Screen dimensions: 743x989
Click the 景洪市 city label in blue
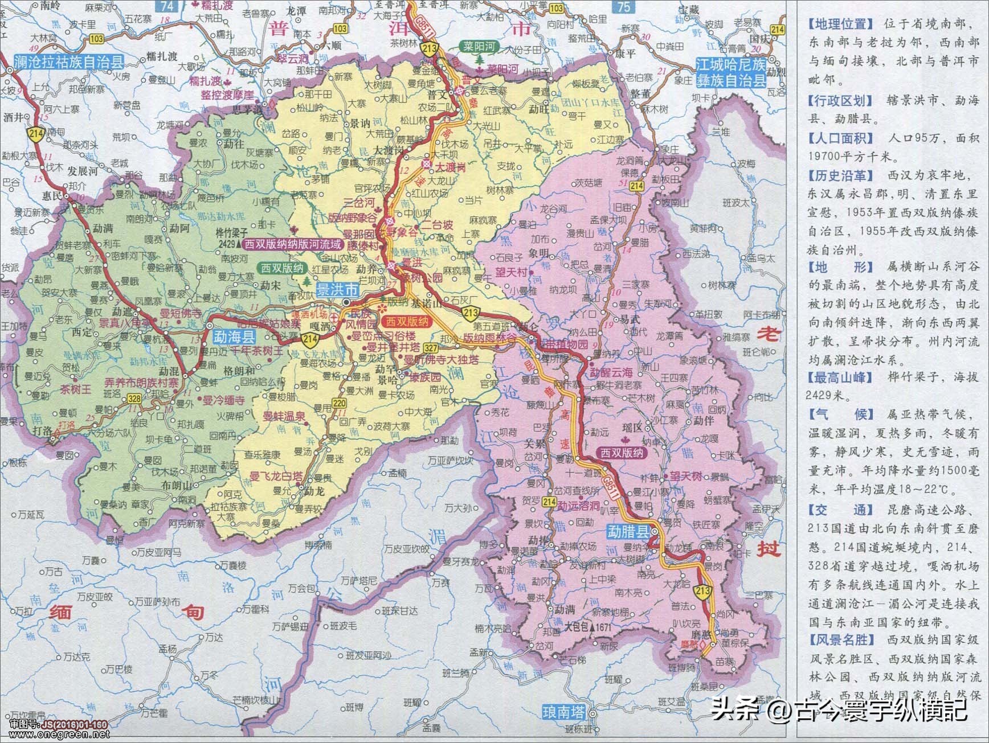[337, 290]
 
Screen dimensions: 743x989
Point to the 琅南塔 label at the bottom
[563, 711]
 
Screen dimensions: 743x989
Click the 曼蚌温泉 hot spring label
[284, 417]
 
